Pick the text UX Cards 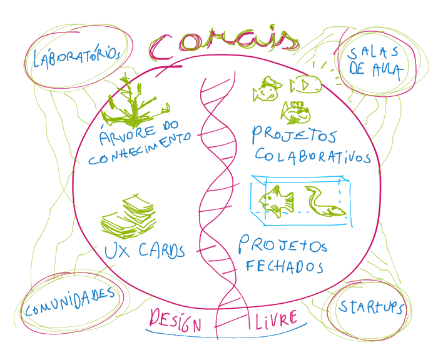pyautogui.click(x=144, y=251)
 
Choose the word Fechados pyautogui.click(x=285, y=266)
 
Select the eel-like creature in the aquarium pyautogui.click(x=325, y=203)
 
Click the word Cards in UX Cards pyautogui.click(x=161, y=251)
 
